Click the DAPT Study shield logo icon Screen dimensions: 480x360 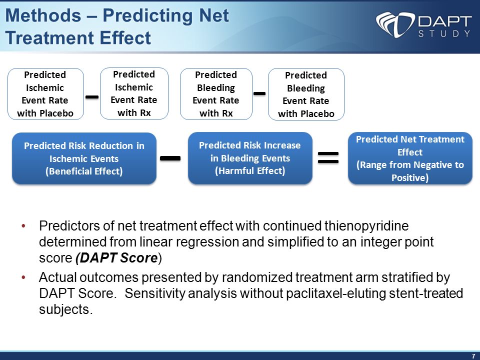click(395, 24)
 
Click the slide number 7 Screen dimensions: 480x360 click(473, 356)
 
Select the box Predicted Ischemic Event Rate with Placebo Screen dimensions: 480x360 click(45, 94)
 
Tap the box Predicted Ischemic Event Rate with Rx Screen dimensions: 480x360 click(134, 93)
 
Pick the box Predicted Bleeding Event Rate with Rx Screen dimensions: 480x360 click(216, 94)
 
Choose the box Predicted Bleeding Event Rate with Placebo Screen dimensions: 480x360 click(306, 94)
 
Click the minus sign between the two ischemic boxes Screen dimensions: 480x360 click(92, 97)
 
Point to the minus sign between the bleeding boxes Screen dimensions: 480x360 click(259, 93)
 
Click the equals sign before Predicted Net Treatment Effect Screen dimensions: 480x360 click(328, 157)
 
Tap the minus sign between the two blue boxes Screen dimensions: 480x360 click(170, 158)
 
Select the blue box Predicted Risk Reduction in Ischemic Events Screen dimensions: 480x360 click(84, 158)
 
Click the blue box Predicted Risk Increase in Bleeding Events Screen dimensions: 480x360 click(250, 158)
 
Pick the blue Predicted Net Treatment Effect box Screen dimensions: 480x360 click(410, 158)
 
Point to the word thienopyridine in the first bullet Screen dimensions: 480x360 click(366, 226)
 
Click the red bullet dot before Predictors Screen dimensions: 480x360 click(23, 226)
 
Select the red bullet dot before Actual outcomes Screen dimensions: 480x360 click(23, 277)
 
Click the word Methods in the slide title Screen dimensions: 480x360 click(43, 15)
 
